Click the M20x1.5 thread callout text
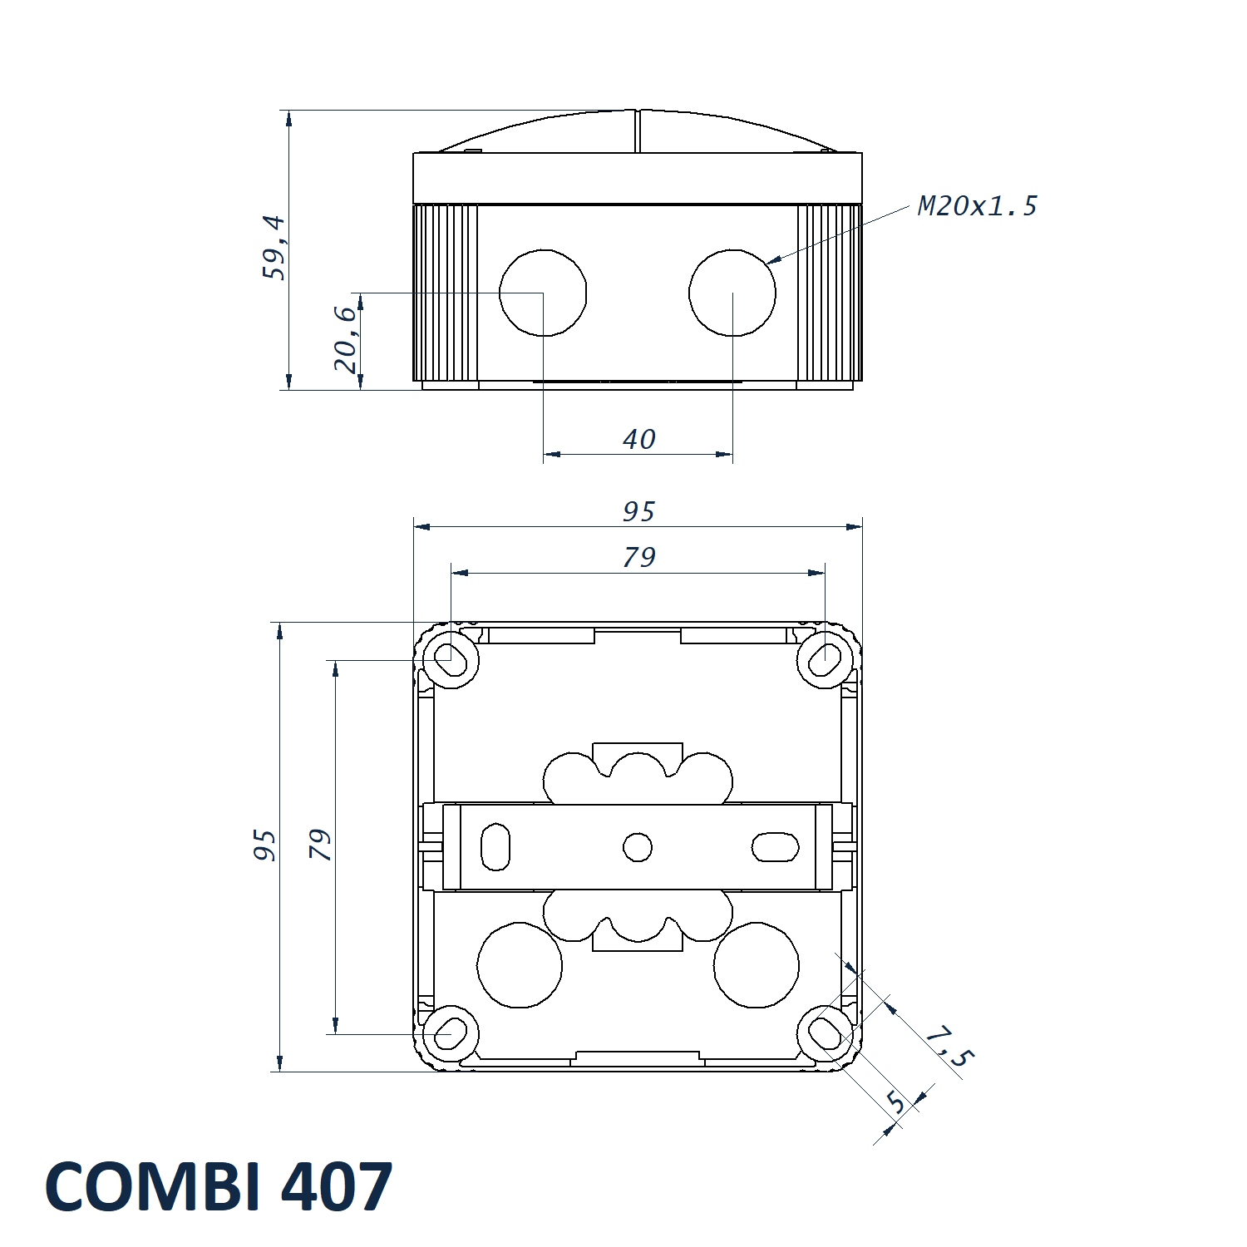pyautogui.click(x=978, y=205)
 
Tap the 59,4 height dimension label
pyautogui.click(x=274, y=248)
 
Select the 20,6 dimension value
pyautogui.click(x=346, y=339)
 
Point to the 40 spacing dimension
pyautogui.click(x=639, y=439)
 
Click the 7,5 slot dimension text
pyautogui.click(x=949, y=1047)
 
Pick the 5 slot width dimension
pyautogui.click(x=895, y=1102)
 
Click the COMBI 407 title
pyautogui.click(x=219, y=1186)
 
